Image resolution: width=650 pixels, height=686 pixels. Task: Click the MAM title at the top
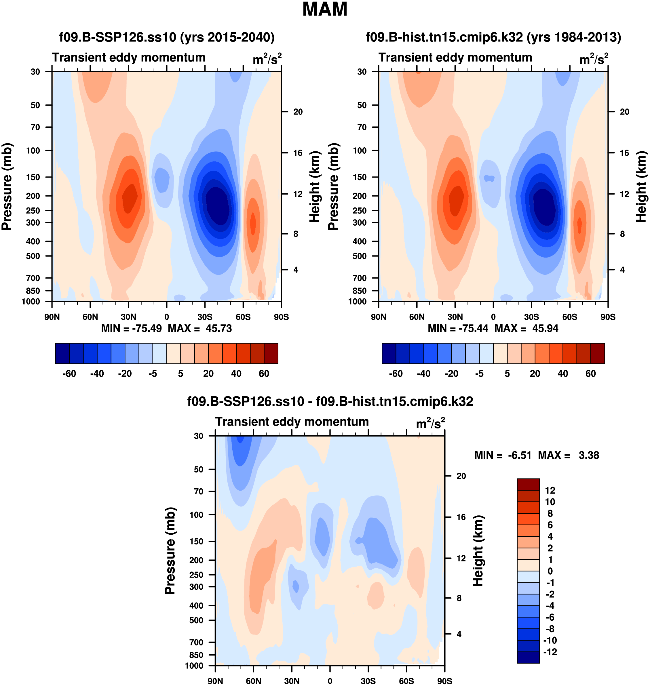point(325,9)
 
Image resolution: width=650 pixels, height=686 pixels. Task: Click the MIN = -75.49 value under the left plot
point(131,328)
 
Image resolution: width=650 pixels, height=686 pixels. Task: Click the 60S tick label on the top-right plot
point(570,317)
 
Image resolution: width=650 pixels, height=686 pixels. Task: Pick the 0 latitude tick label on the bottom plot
point(330,681)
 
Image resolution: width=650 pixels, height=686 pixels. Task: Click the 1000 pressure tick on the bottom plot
point(194,666)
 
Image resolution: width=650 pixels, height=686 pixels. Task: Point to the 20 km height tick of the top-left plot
point(298,112)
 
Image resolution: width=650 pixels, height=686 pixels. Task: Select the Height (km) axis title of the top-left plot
point(314,187)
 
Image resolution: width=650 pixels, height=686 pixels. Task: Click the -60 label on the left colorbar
point(69,374)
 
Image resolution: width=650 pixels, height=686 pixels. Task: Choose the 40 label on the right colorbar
point(563,374)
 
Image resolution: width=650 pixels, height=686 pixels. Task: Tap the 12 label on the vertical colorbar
point(550,490)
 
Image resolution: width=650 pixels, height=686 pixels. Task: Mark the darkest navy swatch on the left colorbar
point(62,353)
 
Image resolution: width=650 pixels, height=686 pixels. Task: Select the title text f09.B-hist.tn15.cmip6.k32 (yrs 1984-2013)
point(493,37)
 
